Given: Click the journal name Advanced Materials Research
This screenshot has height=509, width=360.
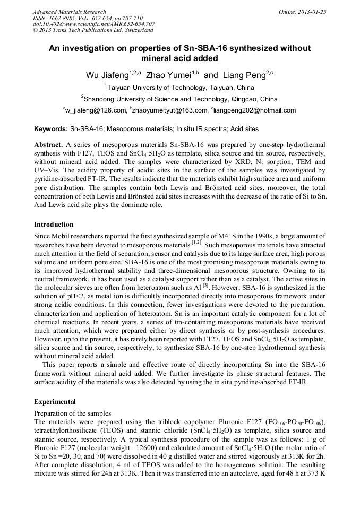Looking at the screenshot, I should (69, 12).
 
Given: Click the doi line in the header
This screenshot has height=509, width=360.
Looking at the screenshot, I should (93, 24).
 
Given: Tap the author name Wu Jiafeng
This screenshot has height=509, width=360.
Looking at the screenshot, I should (107, 75).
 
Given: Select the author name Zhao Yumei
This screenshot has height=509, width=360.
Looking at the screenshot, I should (168, 75).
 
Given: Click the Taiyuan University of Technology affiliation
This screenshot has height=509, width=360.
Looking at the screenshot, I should (181, 88).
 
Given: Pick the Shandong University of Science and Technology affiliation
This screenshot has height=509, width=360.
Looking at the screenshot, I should (181, 99).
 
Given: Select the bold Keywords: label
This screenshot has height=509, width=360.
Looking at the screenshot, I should (51, 129).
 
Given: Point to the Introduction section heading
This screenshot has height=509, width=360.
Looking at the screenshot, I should (54, 225).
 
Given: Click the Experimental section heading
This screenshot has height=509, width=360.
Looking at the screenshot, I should (55, 402).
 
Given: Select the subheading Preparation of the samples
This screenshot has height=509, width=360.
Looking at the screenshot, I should (72, 412).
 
